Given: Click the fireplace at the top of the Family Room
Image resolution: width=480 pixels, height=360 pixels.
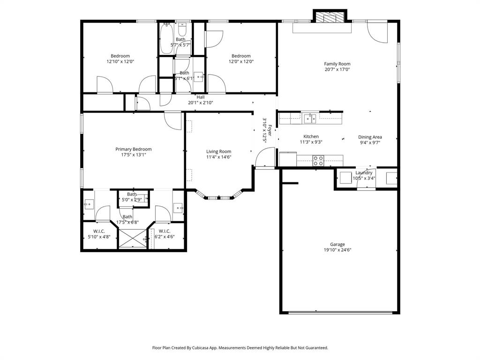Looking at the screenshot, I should point(330,17).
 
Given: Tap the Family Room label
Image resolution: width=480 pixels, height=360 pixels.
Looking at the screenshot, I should point(337,64).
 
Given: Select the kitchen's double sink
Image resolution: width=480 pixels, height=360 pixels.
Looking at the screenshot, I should point(309,118).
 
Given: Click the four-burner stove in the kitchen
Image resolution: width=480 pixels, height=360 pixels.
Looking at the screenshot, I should point(318,160).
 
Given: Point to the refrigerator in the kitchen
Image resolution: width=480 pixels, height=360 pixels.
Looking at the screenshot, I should point(288,159).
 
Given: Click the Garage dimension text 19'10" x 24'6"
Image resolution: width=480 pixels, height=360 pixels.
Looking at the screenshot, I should point(337,250).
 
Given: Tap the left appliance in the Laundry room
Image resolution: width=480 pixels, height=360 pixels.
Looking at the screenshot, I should point(346,178).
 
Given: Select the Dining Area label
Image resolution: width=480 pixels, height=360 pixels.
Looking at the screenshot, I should point(370,137).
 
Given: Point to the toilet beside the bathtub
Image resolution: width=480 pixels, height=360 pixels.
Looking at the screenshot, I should point(183,29).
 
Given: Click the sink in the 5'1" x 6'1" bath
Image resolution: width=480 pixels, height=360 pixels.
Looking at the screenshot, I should point(199,76).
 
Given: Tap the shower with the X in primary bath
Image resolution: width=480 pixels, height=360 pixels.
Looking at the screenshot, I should point(132,239).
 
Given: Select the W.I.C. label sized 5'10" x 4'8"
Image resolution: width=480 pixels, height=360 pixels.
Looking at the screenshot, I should point(99,237).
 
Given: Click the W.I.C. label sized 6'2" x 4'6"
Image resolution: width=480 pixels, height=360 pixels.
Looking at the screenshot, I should point(164,237).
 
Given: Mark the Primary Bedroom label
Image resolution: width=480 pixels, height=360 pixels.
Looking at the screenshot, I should point(134,149).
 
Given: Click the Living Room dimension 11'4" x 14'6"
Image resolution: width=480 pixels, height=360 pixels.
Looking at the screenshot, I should point(218,157).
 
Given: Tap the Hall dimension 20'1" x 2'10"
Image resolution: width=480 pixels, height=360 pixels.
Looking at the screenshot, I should point(201,102).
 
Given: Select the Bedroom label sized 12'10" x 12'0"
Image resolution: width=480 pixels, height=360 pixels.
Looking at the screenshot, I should point(120,61).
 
